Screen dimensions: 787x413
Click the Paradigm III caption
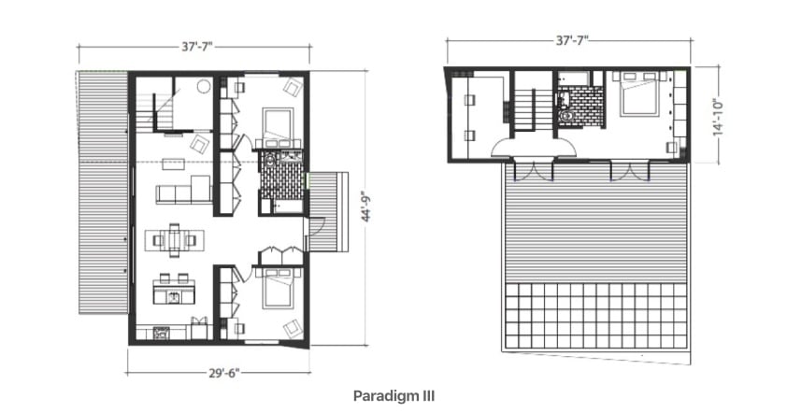pos(394,396)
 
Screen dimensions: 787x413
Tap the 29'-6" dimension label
pos(224,373)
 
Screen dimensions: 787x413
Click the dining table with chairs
pos(174,240)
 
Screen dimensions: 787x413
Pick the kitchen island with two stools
pos(174,290)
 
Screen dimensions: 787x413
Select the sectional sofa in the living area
pos(183,190)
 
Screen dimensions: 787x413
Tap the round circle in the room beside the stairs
pos(203,86)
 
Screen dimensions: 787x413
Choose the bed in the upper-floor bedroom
pos(639,94)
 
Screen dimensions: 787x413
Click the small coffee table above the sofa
pos(173,164)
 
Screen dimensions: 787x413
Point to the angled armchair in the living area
pos(200,145)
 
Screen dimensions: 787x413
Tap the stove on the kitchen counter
pos(161,333)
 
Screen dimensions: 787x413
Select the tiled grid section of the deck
pos(595,317)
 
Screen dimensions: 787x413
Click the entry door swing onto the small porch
pos(317,226)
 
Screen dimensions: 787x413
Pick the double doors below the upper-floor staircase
pos(533,170)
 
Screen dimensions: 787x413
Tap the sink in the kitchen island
pos(174,297)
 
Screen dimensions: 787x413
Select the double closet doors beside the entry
pos(281,255)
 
